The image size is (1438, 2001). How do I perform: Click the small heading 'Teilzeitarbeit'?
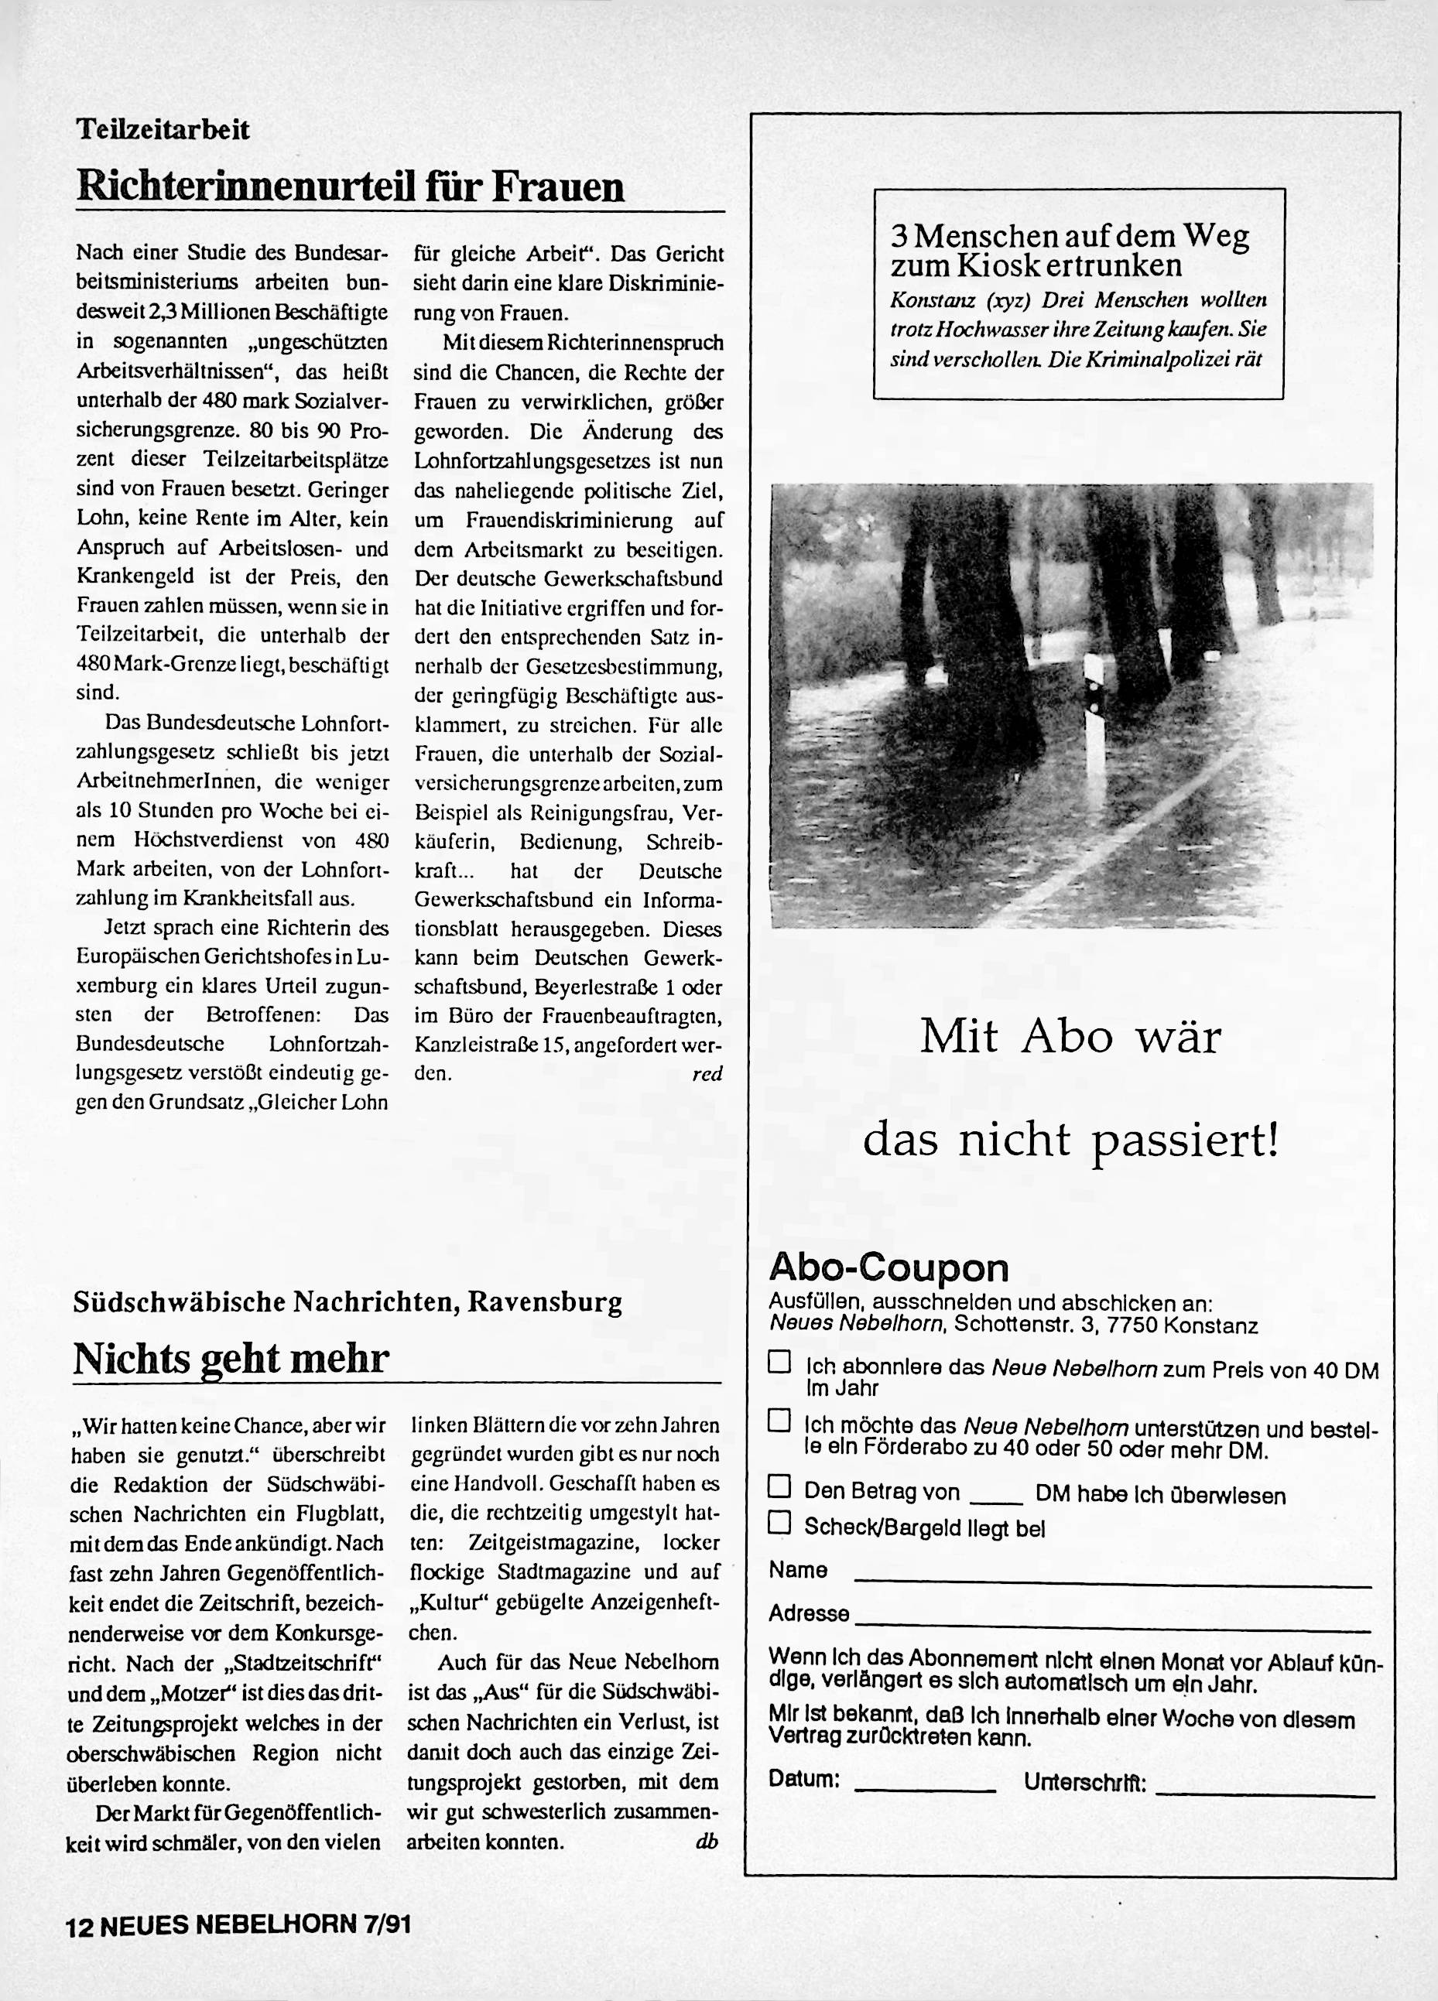coord(163,130)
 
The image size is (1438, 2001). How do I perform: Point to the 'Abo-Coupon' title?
coord(888,1267)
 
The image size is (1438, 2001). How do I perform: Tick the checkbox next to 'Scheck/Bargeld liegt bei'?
coord(779,1523)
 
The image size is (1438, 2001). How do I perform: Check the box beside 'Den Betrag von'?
coord(779,1487)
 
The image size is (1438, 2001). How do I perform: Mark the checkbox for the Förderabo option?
coord(779,1421)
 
